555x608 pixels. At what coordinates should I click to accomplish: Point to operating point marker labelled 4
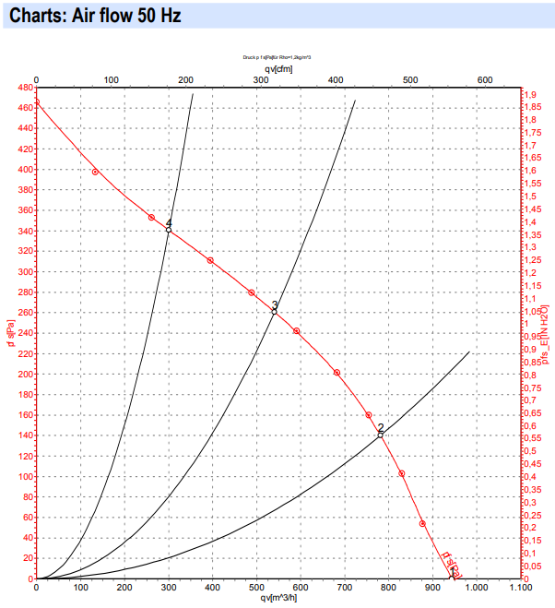168,230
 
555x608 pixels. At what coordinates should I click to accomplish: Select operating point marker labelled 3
274,312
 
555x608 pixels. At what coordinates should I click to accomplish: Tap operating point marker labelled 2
380,435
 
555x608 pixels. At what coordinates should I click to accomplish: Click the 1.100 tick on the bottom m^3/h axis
521,587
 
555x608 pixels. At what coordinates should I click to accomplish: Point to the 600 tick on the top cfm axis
485,79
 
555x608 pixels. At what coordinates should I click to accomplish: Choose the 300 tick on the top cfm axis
260,79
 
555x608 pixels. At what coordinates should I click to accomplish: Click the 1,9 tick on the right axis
531,95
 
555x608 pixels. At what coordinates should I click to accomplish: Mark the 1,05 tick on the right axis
533,311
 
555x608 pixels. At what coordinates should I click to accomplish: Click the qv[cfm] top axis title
277,67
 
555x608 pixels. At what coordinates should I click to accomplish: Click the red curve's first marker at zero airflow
36,102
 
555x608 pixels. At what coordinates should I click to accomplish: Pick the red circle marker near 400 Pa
95,172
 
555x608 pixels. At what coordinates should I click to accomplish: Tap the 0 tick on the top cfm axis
36,79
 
